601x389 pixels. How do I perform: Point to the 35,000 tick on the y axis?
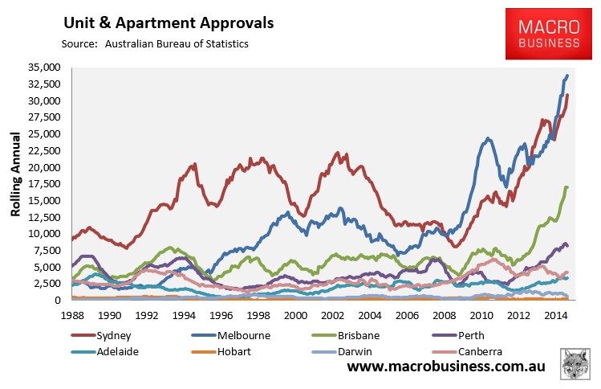(43, 68)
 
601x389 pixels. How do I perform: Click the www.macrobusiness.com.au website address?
(446, 367)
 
